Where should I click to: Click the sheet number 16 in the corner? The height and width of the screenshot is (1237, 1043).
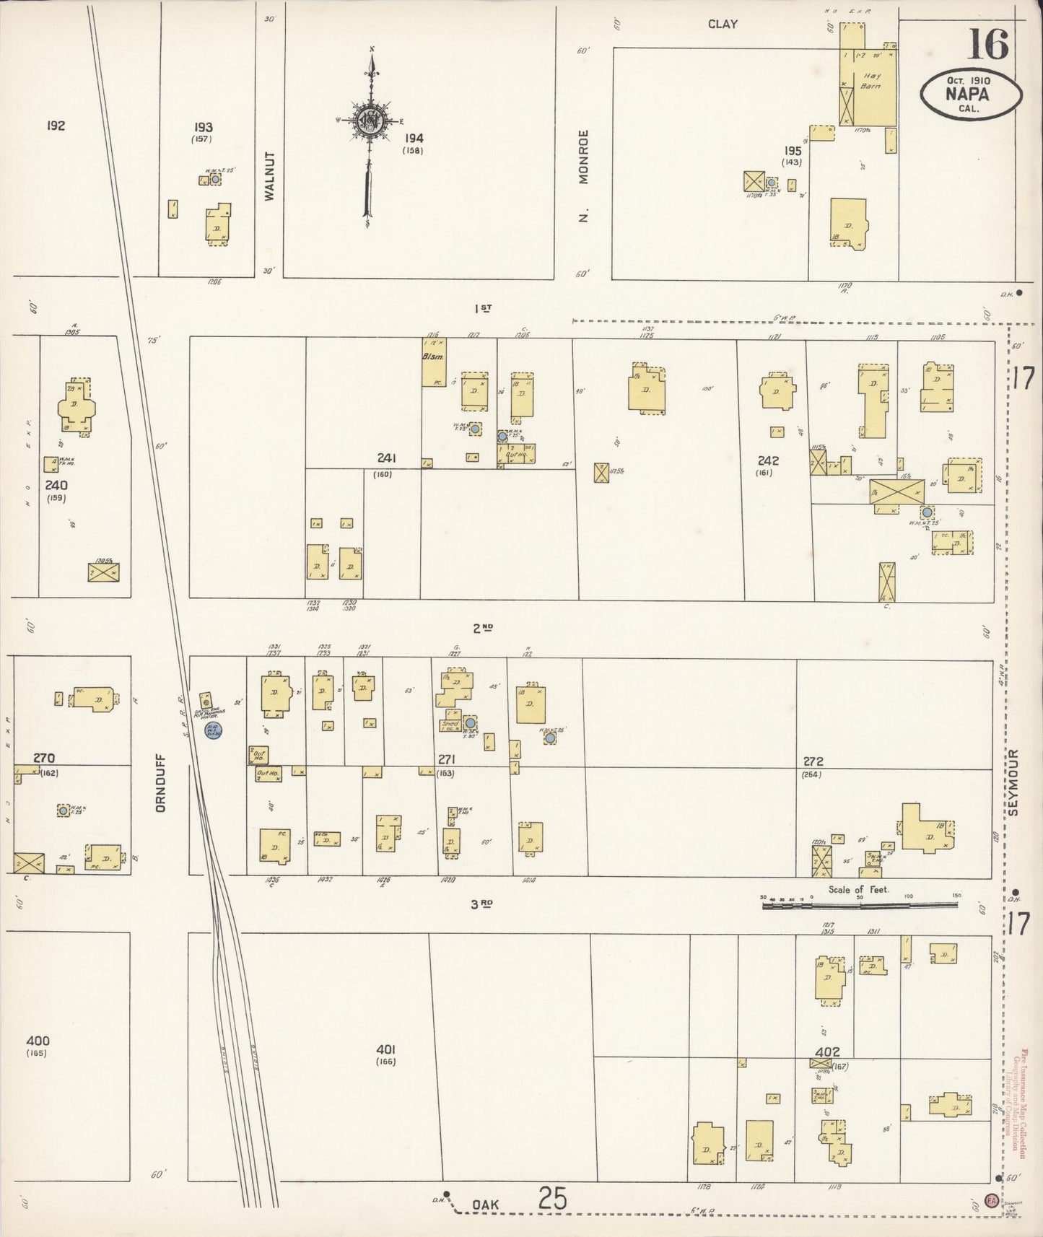[x=987, y=45]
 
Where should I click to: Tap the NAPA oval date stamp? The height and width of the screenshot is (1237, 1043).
[x=971, y=95]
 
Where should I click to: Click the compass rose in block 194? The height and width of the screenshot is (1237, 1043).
[x=370, y=120]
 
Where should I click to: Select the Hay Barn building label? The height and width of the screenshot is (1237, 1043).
[x=871, y=80]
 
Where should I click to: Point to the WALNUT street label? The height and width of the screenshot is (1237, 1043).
[x=271, y=175]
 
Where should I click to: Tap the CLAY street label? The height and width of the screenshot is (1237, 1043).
[x=722, y=24]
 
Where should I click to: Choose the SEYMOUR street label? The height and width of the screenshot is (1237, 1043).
[x=1014, y=782]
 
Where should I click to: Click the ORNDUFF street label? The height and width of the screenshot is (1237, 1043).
[x=160, y=782]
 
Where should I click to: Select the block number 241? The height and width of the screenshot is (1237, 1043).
[x=387, y=458]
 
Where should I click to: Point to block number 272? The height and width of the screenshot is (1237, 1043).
[x=813, y=761]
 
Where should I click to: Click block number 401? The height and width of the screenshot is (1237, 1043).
[x=386, y=1049]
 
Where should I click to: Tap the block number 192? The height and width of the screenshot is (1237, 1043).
[x=56, y=126]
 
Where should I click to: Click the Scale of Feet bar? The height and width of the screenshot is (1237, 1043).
[x=859, y=904]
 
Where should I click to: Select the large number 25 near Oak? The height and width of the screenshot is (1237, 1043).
[x=552, y=1199]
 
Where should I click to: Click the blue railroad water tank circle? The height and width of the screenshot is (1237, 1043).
[x=213, y=730]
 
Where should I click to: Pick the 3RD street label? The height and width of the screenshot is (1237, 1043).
[x=482, y=904]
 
